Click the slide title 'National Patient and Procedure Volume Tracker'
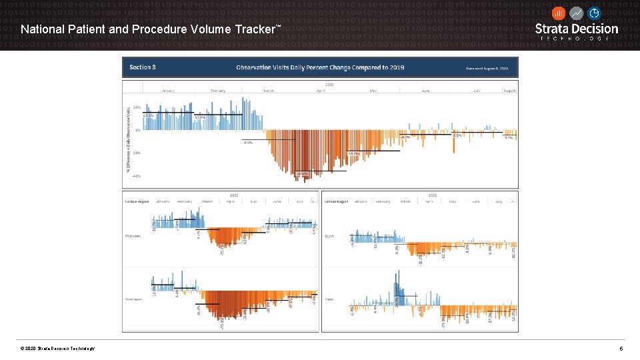[x=151, y=29]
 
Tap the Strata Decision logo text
[x=577, y=29]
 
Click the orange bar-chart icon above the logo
[x=559, y=13]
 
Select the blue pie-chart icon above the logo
[x=593, y=13]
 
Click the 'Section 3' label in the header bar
[x=143, y=67]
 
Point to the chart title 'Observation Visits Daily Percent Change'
[x=320, y=67]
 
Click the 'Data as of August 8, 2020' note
[x=487, y=68]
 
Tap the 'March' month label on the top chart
[x=269, y=91]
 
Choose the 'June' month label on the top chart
[x=425, y=91]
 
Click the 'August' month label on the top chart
[x=509, y=91]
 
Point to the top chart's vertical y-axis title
[x=127, y=140]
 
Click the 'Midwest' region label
[x=133, y=236]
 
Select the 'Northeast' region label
[x=135, y=299]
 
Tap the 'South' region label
[x=329, y=236]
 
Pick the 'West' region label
[x=329, y=299]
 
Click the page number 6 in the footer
[x=621, y=349]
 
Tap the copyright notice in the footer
[x=58, y=349]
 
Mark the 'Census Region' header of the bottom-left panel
[x=137, y=201]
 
